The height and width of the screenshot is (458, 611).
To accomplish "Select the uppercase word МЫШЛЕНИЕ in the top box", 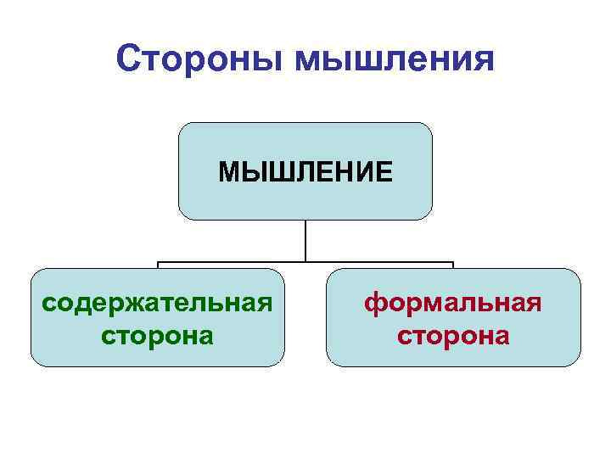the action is pos(305,172).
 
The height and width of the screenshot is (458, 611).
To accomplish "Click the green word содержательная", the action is pos(157,303).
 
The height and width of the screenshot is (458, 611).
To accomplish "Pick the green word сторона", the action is pos(157,336).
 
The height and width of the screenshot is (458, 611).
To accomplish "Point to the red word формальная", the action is pos(453,303).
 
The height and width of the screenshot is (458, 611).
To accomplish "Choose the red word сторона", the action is pos(453,336).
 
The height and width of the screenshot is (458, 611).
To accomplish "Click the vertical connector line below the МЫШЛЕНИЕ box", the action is pos(305,240).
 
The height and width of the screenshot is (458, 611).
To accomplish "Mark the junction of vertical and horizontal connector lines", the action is pos(305,261).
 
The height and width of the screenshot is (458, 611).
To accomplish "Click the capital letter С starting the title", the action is pos(128,59).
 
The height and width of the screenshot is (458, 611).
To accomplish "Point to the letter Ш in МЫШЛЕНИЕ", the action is pos(272,172).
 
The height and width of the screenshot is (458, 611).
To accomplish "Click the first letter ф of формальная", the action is pos(374,304).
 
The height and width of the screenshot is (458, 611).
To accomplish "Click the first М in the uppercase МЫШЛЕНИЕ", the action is pos(229,172).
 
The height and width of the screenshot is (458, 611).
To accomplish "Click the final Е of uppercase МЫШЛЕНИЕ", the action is pos(384,172).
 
